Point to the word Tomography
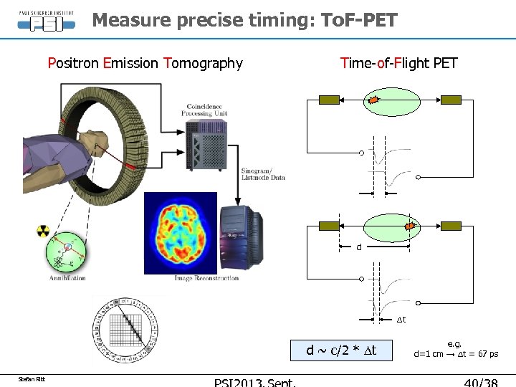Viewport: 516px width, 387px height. (x=204, y=63)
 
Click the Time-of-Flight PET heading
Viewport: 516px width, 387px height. (x=398, y=63)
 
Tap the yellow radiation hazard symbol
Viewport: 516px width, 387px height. (x=43, y=231)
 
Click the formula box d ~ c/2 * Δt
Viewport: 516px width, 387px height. (x=341, y=350)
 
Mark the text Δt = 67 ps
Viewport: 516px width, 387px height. (x=474, y=354)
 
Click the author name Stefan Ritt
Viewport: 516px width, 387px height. (x=32, y=378)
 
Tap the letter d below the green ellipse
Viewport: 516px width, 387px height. (x=359, y=248)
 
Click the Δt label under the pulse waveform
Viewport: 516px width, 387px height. (x=401, y=319)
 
